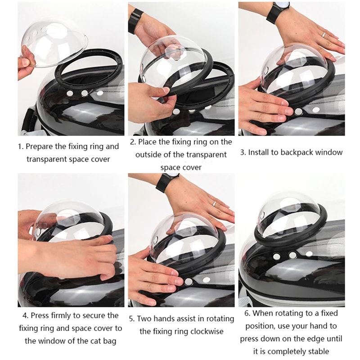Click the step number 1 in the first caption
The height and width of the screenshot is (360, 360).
(x=20, y=147)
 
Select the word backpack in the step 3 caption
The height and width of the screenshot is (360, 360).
(x=297, y=152)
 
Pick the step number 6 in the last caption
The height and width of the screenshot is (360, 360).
(x=247, y=313)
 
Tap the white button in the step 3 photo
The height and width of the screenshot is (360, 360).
(x=298, y=111)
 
